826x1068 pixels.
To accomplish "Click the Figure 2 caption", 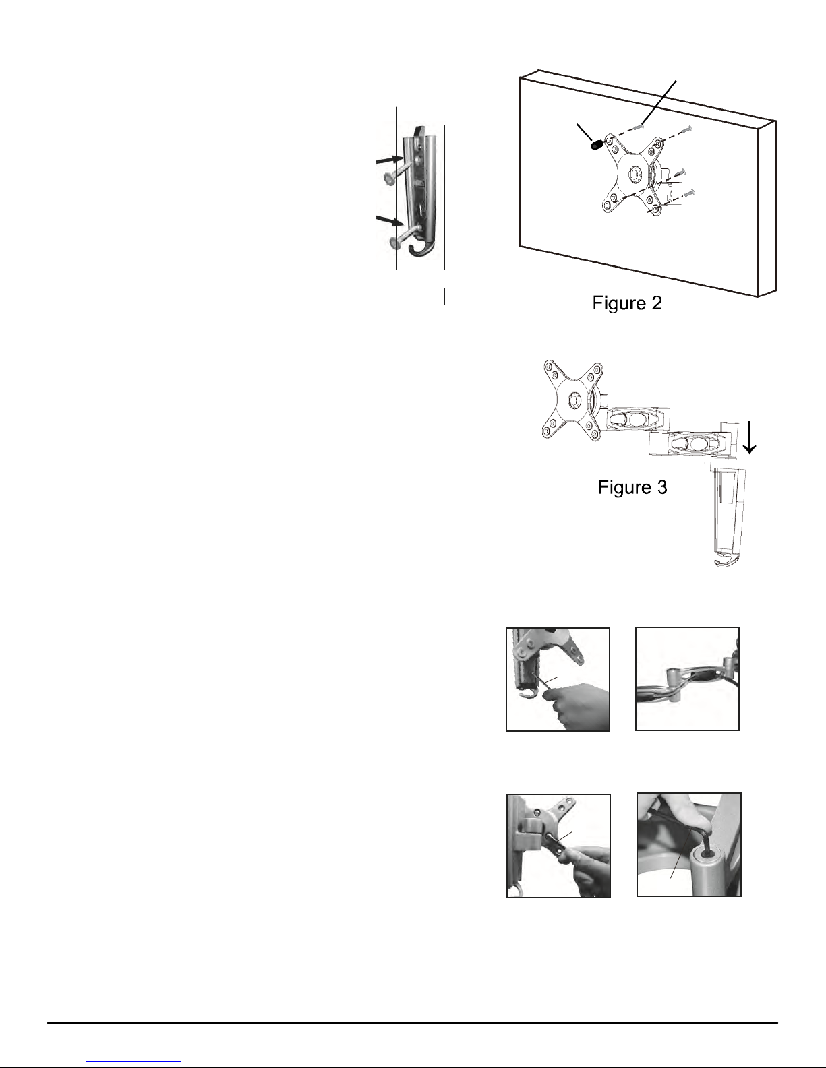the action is click(627, 303).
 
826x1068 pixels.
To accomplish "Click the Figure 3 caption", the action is click(632, 487).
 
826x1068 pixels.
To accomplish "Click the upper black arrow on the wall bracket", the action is click(390, 160).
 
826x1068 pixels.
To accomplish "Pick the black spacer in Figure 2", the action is click(597, 145).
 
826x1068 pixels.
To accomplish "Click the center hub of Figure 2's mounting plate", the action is click(635, 175).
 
